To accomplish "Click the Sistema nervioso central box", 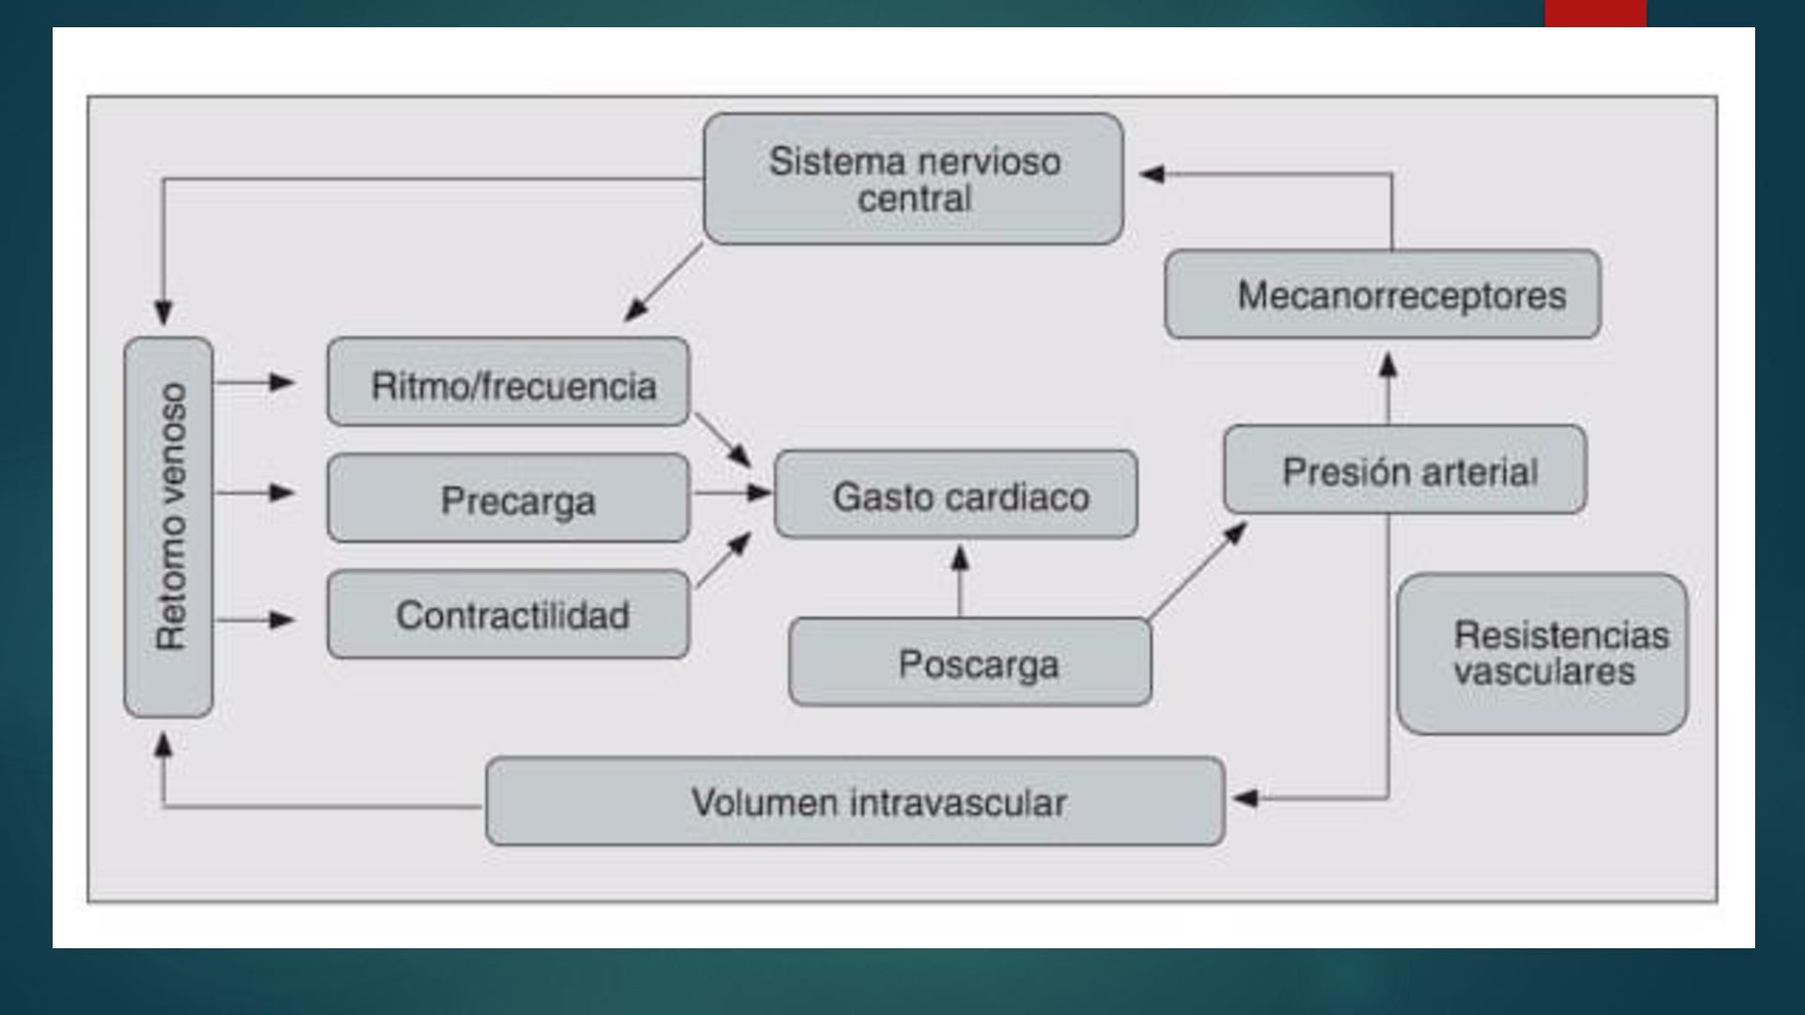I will coord(913,179).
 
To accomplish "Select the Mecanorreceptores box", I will coord(1382,294).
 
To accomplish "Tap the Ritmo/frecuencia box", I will coord(508,382).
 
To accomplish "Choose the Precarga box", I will coord(508,498).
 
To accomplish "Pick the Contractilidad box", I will coord(508,615).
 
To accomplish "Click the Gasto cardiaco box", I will coord(955,494).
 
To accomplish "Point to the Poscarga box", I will coord(969,662).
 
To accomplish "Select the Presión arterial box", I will coord(1405,469).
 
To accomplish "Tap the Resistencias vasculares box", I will coord(1542,654).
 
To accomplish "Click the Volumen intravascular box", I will coord(855,802).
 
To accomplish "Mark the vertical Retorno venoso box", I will coord(168,527).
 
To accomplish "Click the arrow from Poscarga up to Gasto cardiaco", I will coord(960,580).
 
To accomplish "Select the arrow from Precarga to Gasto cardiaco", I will coord(731,492).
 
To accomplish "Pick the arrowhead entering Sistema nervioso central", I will coord(1153,174).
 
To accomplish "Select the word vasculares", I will coord(1544,672).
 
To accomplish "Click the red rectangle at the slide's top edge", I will coord(1594,12).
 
